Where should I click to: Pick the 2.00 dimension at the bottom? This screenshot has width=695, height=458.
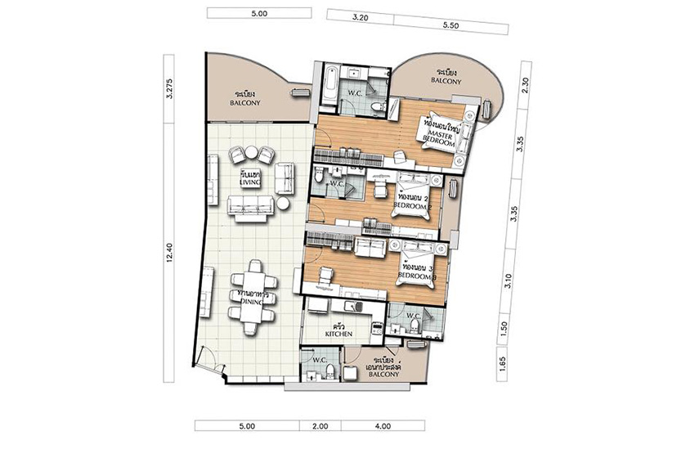320,426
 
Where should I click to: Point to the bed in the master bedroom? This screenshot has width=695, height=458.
446,132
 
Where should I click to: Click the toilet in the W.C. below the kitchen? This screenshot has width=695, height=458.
330,372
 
